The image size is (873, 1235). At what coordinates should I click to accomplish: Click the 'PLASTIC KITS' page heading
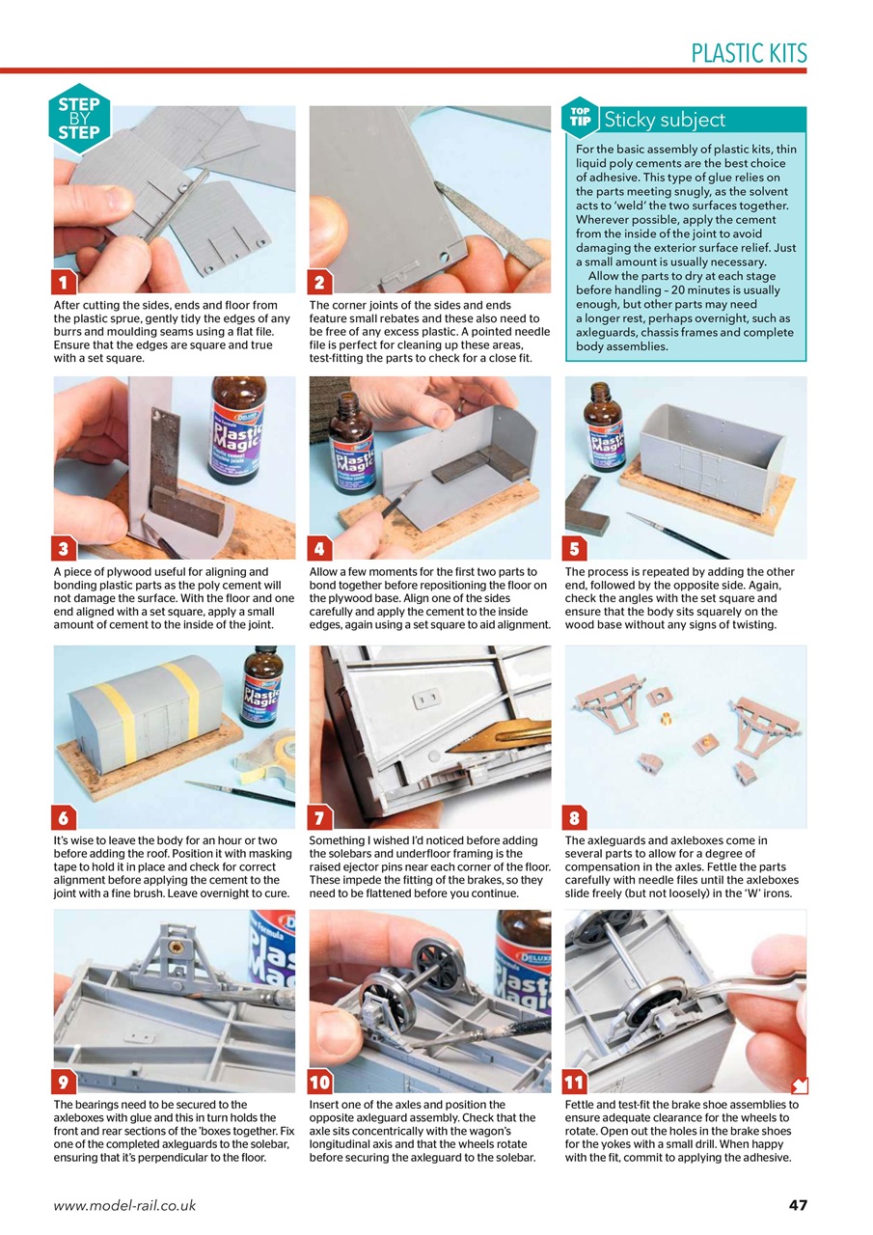(x=749, y=53)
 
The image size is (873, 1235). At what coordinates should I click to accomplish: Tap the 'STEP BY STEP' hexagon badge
(x=79, y=119)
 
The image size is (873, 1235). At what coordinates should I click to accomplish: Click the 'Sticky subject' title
(x=664, y=120)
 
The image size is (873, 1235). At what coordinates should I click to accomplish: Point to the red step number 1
(x=64, y=283)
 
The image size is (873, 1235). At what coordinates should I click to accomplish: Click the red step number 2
(x=319, y=283)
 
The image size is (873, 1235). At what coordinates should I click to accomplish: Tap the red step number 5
(x=575, y=549)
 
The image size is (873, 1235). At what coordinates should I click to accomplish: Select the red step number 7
(x=319, y=818)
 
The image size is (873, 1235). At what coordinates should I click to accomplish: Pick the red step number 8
(x=575, y=818)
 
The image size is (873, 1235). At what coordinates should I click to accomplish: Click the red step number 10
(x=319, y=1082)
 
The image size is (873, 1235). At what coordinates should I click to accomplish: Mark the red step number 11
(x=575, y=1082)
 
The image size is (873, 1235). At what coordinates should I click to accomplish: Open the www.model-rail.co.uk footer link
(x=124, y=1205)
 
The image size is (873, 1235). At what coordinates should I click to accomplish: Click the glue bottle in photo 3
(x=239, y=429)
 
